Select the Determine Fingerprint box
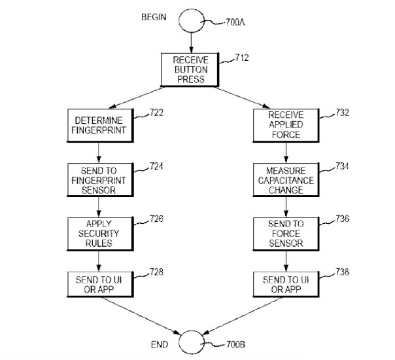[x=97, y=124]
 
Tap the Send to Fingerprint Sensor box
[x=97, y=177]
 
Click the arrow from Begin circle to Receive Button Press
[x=190, y=44]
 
